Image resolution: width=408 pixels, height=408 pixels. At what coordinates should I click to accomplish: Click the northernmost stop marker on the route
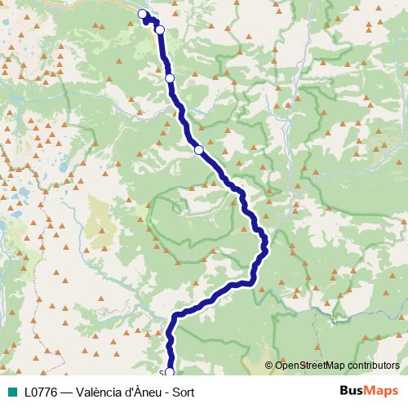(x=143, y=14)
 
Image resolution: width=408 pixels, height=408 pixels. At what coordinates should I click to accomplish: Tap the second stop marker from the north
(x=160, y=29)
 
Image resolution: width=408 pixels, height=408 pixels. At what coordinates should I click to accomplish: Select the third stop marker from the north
(x=170, y=78)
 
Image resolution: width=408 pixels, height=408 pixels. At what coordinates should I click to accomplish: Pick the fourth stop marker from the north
(x=198, y=149)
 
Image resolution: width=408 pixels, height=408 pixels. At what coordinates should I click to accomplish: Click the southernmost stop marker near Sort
(x=170, y=372)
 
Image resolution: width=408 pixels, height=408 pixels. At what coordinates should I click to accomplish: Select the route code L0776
(x=42, y=392)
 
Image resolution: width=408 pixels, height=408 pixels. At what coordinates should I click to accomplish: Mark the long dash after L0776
(x=70, y=392)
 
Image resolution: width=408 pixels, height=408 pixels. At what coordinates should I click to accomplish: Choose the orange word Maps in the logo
(x=382, y=392)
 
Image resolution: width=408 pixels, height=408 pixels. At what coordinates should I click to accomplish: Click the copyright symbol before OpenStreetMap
(x=270, y=366)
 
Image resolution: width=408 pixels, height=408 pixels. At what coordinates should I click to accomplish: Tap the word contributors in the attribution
(x=373, y=366)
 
